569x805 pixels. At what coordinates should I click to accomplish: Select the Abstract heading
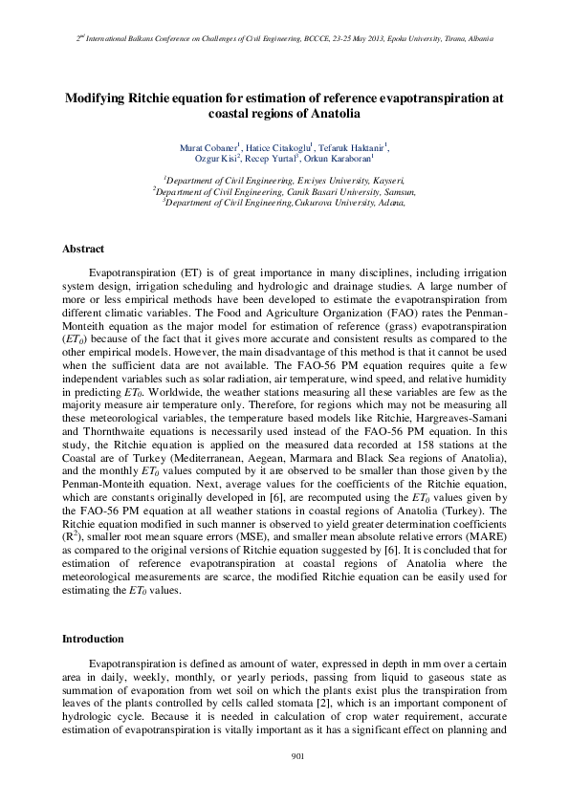[82, 249]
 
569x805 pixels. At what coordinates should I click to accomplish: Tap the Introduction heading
[93, 639]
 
